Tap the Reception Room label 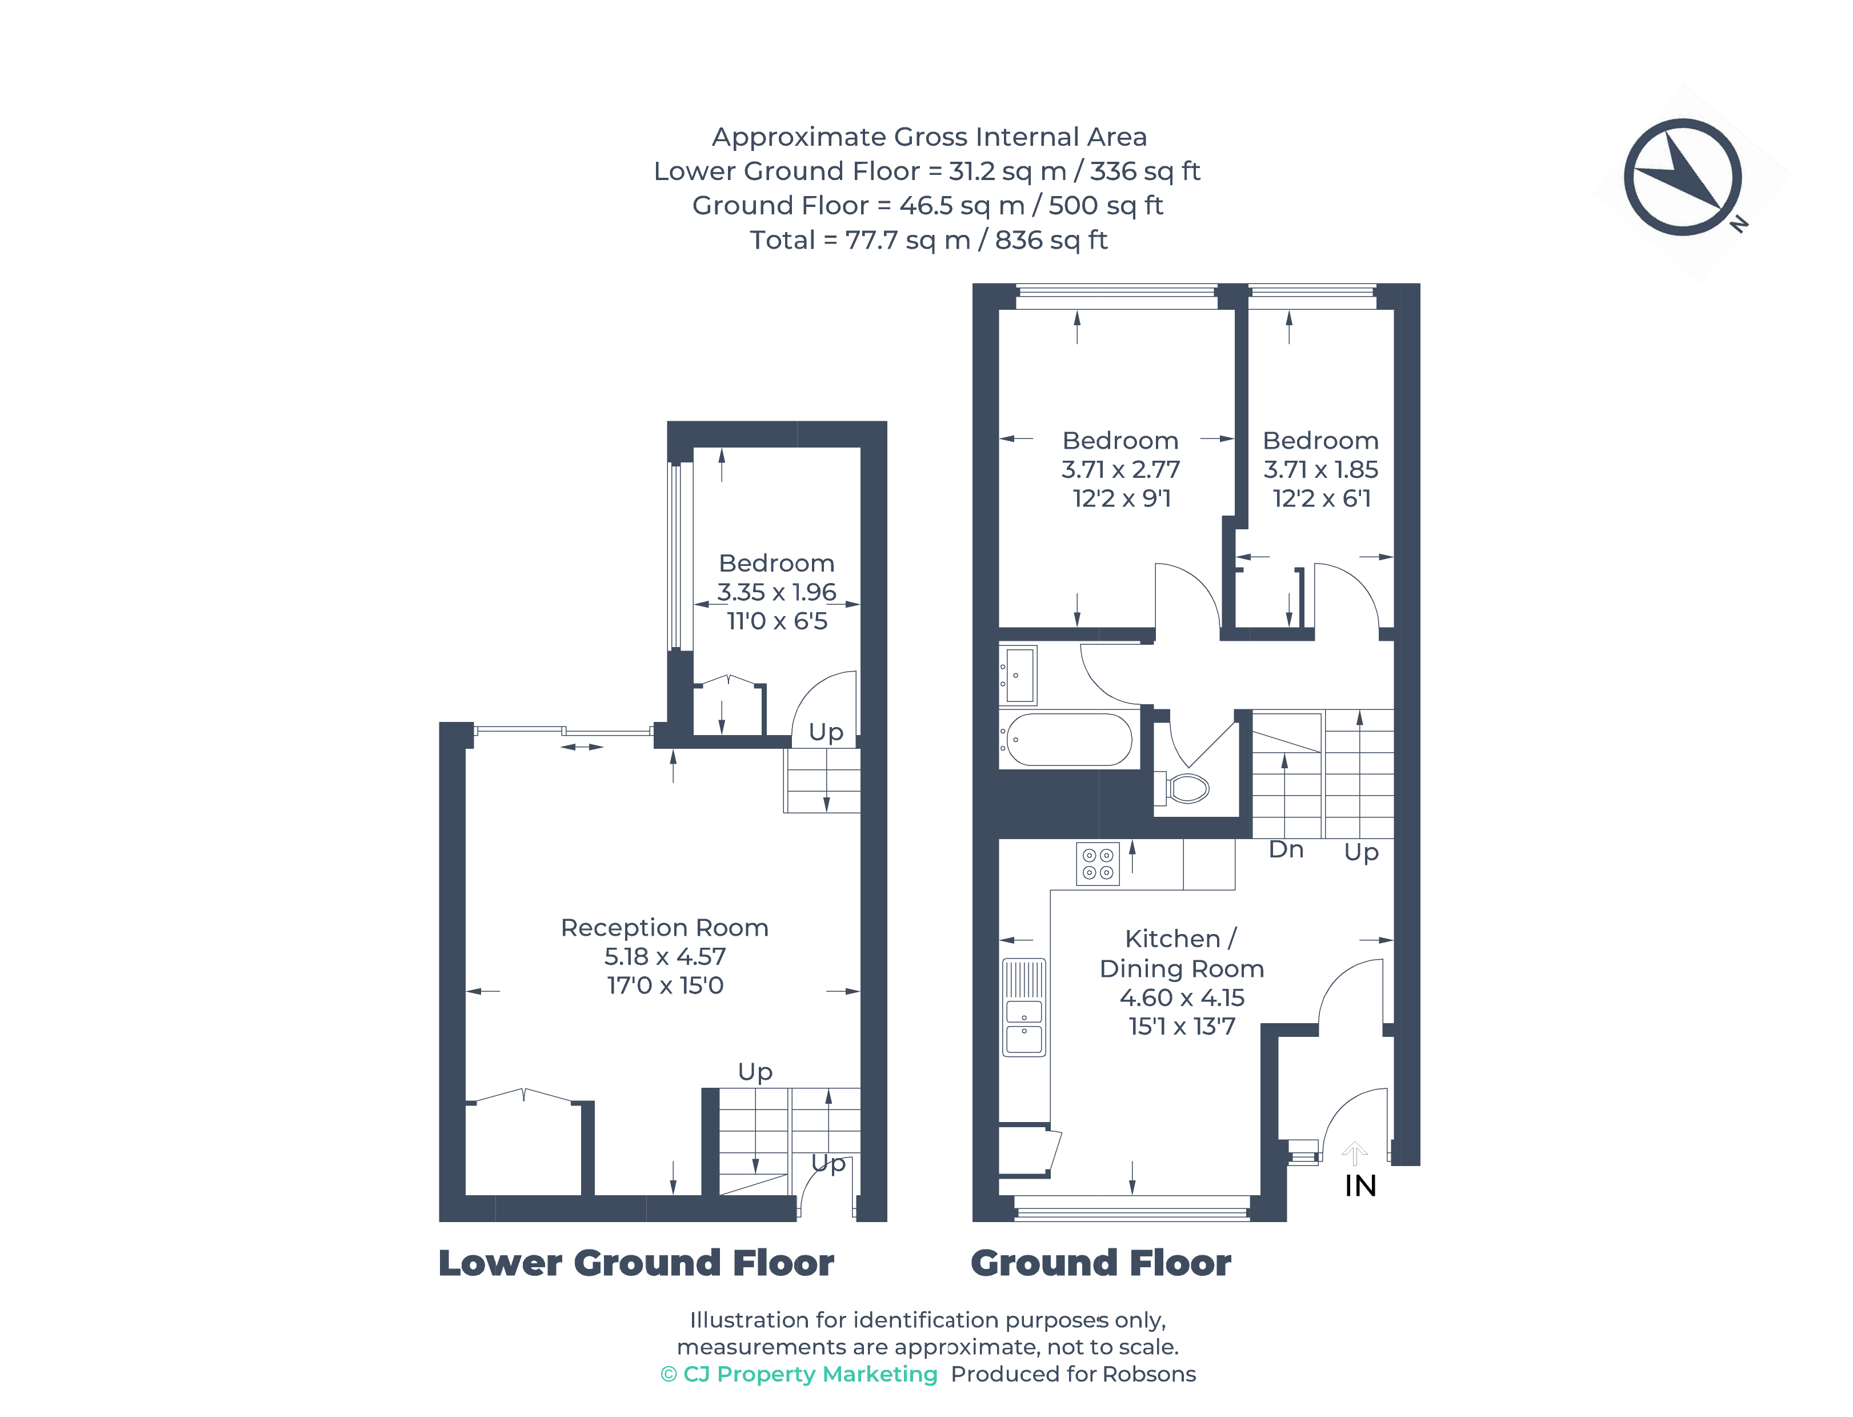point(665,928)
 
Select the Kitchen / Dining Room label point(1182,953)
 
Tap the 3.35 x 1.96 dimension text point(777,592)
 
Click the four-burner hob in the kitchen point(1098,864)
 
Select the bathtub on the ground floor point(1069,740)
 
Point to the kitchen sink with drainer point(1024,1007)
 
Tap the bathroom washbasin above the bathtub point(1018,674)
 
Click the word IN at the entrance point(1360,1186)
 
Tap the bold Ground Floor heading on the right point(1101,1263)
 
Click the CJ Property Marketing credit point(799,1374)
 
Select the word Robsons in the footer point(1149,1374)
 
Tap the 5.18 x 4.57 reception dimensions point(665,956)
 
